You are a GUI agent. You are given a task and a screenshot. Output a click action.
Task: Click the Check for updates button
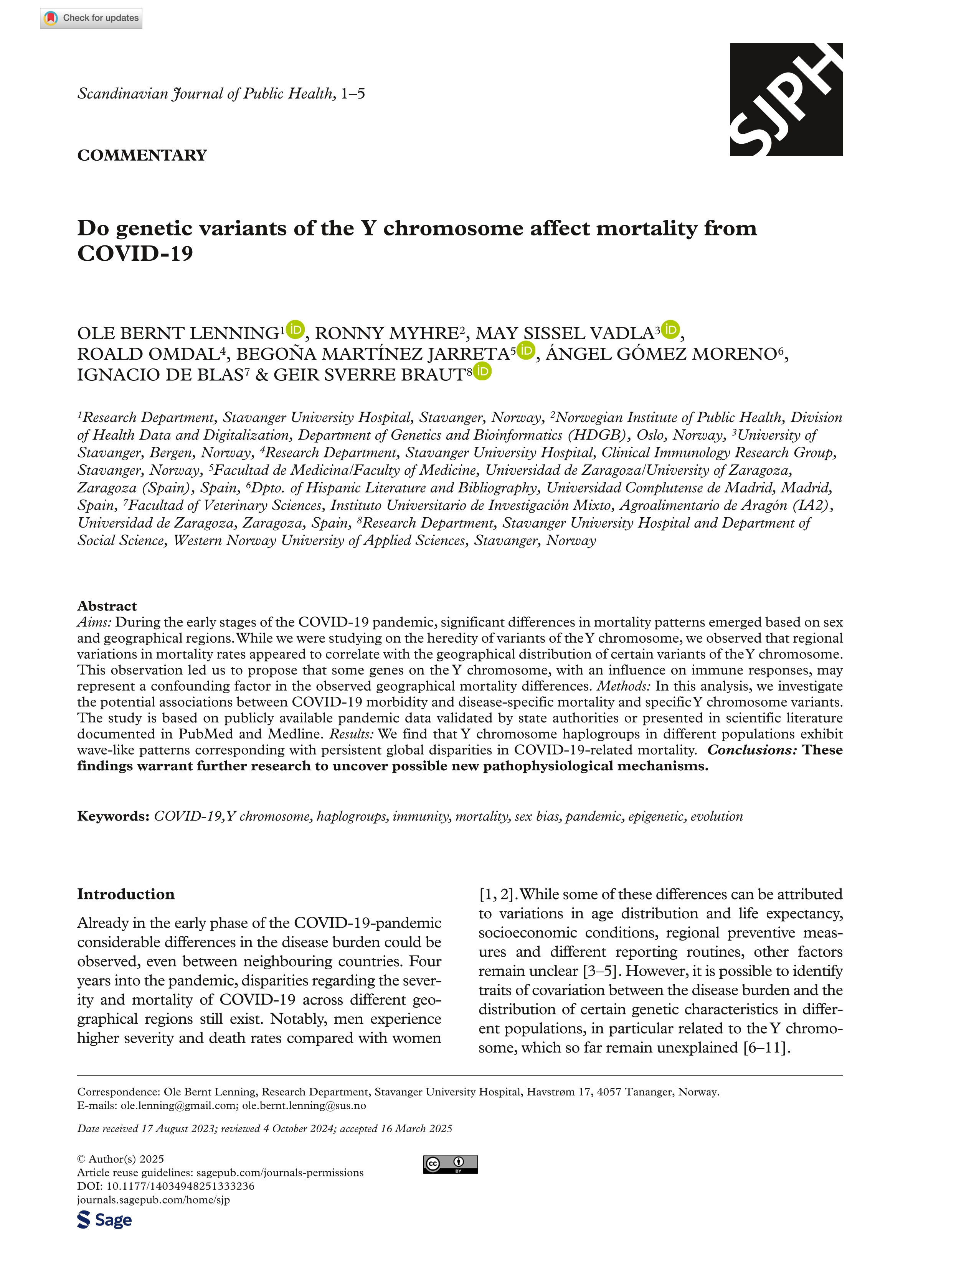click(x=91, y=18)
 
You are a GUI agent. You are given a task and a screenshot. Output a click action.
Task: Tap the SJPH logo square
click(x=786, y=99)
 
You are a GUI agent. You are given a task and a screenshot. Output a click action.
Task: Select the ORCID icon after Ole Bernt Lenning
click(x=295, y=329)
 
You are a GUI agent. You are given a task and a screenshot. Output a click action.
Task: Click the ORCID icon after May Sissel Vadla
click(x=670, y=329)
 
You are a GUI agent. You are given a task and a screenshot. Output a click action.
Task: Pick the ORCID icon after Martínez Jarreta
click(x=526, y=350)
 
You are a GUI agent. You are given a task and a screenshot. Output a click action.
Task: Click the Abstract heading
click(x=107, y=606)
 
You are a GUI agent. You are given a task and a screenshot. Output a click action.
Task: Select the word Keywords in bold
click(x=113, y=816)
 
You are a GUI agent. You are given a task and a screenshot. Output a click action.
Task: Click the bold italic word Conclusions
click(x=752, y=750)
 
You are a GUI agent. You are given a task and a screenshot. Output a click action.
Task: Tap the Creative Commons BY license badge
click(x=450, y=1164)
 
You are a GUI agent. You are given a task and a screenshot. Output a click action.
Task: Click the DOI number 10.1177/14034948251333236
click(x=180, y=1186)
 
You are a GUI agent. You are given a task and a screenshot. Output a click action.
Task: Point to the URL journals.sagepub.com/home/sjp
click(x=154, y=1199)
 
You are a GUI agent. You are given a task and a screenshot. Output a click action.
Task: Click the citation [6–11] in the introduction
click(x=766, y=1048)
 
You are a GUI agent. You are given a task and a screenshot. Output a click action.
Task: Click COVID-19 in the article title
click(x=135, y=254)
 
